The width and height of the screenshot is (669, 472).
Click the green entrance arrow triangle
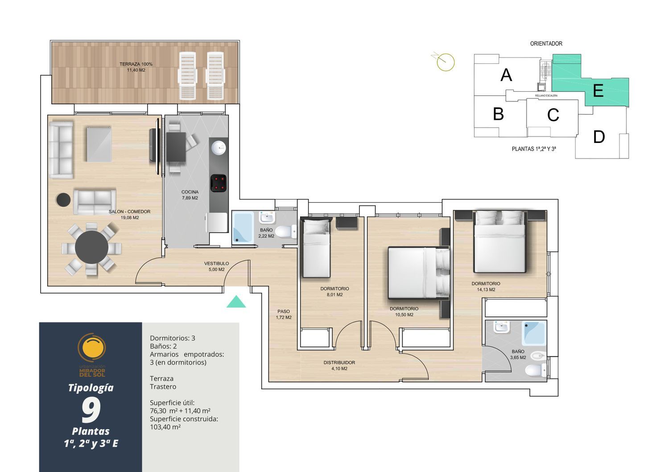[236, 302]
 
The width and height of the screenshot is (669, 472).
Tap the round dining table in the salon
[91, 247]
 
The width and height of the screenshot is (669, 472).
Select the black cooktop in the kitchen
[219, 183]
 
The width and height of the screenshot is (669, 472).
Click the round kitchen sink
[219, 148]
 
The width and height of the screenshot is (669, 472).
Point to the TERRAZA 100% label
[136, 64]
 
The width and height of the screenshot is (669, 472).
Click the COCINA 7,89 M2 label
[190, 195]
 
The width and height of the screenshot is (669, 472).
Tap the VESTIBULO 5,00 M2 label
[216, 267]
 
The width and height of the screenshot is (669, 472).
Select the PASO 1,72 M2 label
[283, 314]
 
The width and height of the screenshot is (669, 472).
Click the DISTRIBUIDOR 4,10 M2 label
[339, 366]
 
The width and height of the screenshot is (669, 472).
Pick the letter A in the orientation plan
[506, 75]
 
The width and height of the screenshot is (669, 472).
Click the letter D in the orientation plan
[599, 137]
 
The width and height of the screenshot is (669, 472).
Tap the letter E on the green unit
[598, 91]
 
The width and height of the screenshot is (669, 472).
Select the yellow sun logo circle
[92, 348]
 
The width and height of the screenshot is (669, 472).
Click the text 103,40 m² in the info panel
[165, 427]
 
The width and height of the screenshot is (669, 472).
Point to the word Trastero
[163, 387]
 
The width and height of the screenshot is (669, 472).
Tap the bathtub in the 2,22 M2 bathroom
[243, 227]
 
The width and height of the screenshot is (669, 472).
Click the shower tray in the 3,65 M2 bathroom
[534, 333]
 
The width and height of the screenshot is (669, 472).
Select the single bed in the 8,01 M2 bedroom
[317, 248]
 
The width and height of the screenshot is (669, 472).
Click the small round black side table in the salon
[64, 200]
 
